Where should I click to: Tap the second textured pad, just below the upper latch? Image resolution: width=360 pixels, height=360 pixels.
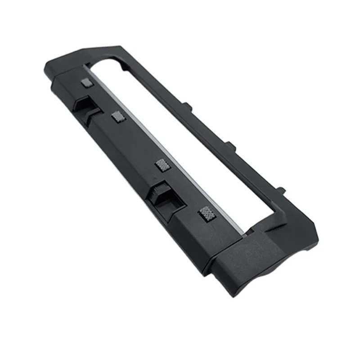118,118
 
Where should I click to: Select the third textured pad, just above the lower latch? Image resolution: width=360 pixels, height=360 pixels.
161,164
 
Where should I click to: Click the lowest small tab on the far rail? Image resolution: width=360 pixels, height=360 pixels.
280,191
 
